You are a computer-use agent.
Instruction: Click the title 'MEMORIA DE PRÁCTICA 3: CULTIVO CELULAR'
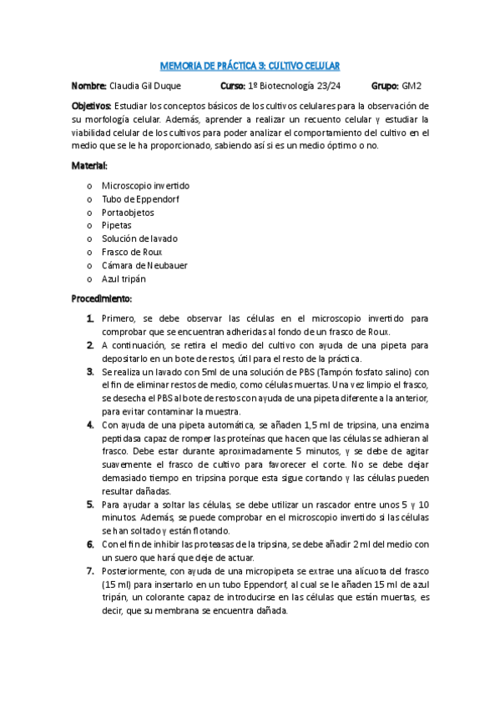(x=250, y=66)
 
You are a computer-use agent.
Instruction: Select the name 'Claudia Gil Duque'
(x=144, y=86)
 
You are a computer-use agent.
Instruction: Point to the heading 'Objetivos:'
(x=92, y=107)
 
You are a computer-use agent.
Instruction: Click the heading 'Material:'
(x=89, y=166)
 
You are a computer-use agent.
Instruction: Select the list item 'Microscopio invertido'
(x=145, y=185)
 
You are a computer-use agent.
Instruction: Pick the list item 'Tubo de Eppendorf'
(x=140, y=198)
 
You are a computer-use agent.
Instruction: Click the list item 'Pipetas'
(x=117, y=225)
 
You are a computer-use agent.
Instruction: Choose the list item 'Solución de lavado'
(x=139, y=238)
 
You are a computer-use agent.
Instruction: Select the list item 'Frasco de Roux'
(x=132, y=252)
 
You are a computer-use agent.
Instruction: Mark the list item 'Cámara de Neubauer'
(x=144, y=265)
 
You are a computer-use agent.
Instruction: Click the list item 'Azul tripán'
(x=124, y=278)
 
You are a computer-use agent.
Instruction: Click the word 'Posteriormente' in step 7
(x=134, y=572)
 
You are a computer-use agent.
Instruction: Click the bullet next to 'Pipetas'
(x=89, y=225)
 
